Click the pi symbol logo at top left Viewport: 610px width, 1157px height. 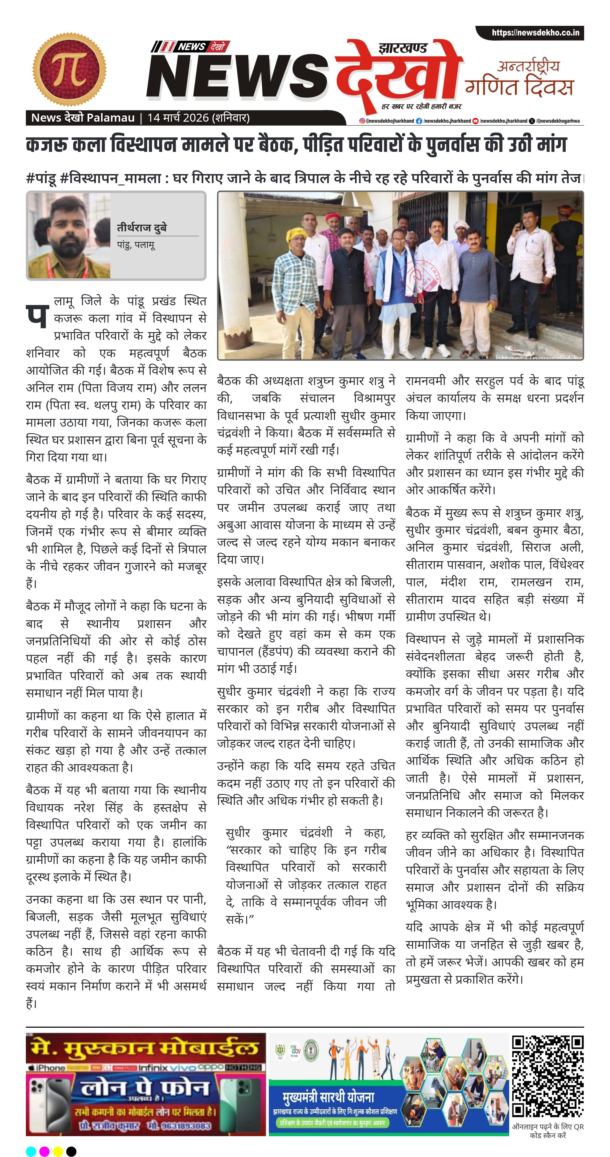(70, 70)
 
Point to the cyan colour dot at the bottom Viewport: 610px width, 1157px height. (31, 1151)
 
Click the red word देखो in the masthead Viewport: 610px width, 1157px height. (398, 72)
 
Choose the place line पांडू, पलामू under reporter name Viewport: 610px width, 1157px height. (136, 245)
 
